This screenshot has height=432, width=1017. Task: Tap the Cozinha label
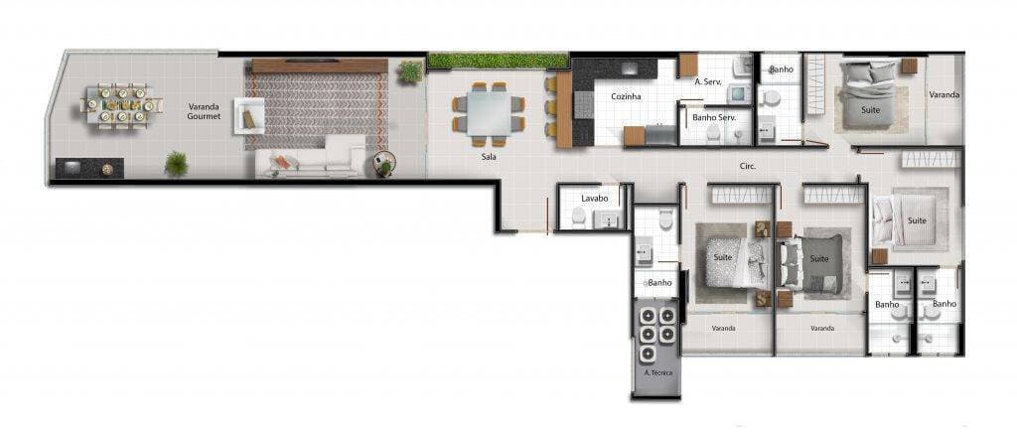[626, 96]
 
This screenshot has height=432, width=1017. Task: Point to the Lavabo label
[595, 198]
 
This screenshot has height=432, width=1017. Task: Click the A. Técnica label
[657, 371]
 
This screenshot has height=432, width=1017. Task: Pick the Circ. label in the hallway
[748, 166]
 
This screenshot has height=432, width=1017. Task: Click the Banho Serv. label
[713, 118]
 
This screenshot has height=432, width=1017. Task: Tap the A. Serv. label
[707, 81]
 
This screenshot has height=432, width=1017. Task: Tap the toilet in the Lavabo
[578, 216]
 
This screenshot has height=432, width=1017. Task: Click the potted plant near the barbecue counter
[176, 164]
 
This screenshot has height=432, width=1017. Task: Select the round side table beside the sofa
[383, 165]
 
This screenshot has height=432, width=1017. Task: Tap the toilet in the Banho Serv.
[713, 134]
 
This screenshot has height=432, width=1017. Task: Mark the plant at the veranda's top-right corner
[409, 72]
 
